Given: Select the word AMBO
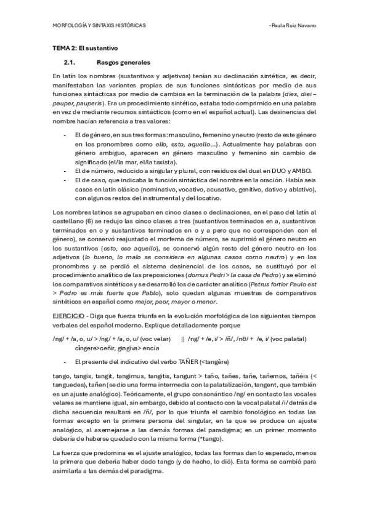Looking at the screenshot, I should click(302, 171).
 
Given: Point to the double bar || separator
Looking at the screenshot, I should click(183, 339).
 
